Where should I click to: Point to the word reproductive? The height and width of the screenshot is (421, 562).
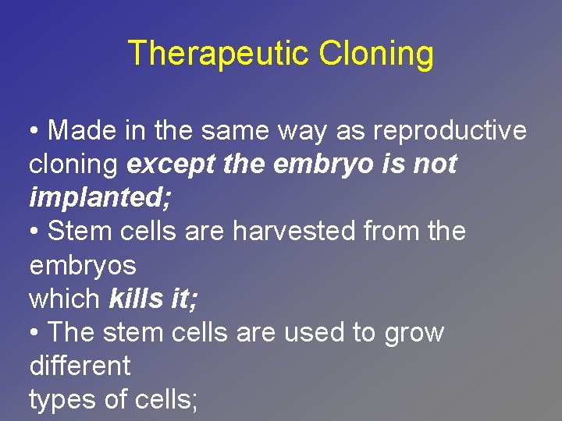click(450, 131)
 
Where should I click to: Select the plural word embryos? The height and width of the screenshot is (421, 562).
click(82, 265)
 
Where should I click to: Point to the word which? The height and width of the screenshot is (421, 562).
click(64, 299)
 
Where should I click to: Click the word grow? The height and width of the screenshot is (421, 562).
click(414, 332)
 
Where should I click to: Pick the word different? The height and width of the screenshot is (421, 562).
click(79, 366)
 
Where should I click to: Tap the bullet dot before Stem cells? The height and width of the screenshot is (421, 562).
click(34, 232)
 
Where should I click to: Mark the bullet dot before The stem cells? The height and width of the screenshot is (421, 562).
click(34, 333)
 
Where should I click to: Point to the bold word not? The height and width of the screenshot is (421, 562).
click(436, 165)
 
